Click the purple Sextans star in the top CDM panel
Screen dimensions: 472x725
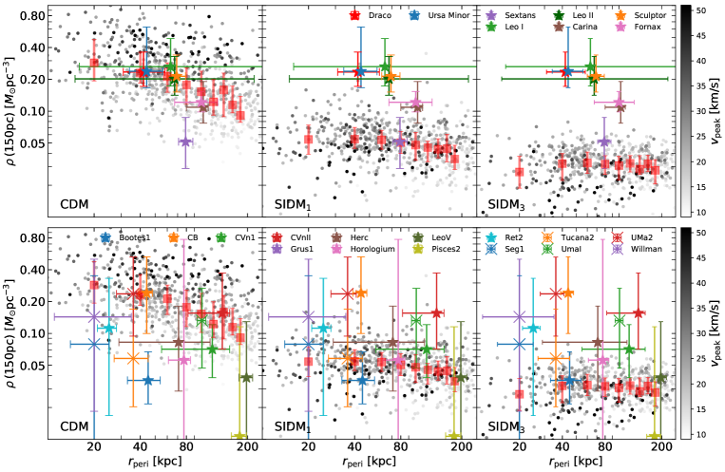(185, 142)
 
